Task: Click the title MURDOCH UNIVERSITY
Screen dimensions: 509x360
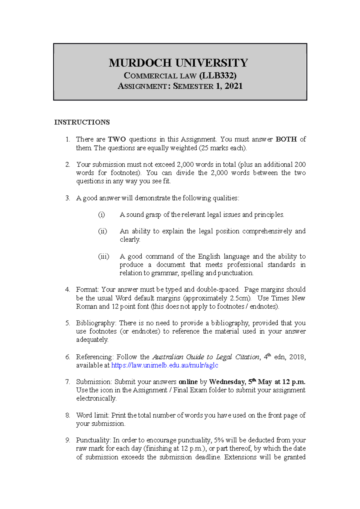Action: click(178, 63)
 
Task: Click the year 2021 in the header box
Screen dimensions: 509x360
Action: click(233, 86)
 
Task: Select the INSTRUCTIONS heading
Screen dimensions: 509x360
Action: click(82, 122)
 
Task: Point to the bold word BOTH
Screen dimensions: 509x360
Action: click(286, 139)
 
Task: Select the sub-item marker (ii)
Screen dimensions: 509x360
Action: click(103, 231)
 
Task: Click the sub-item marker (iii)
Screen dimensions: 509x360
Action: click(103, 256)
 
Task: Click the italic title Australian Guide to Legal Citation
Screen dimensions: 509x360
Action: click(206, 357)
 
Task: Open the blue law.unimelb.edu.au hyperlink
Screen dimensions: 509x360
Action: click(164, 365)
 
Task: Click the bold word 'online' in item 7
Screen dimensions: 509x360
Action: click(188, 382)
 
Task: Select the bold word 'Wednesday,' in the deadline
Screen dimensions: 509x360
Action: click(227, 382)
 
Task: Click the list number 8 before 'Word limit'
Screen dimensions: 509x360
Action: click(67, 415)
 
